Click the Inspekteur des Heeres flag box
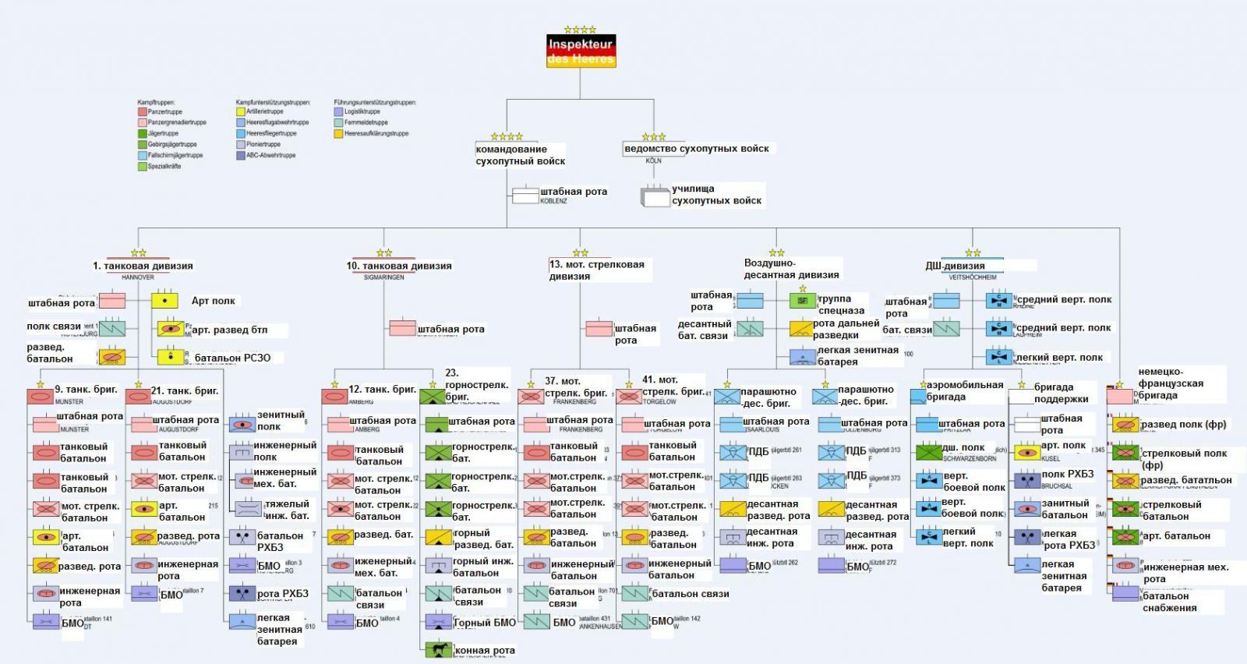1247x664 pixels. pos(581,51)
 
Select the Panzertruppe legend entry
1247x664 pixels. pos(164,111)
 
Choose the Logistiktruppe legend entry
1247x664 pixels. pos(362,111)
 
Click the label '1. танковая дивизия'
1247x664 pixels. pos(143,266)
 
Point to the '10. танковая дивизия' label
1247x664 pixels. pos(399,266)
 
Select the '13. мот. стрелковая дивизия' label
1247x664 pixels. pos(597,270)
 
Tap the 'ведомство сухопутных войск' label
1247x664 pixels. pos(696,148)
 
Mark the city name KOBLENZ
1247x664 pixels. pos(553,201)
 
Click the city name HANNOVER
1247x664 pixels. pos(138,277)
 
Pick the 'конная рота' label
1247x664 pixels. pos(485,650)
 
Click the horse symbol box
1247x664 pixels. pos(439,648)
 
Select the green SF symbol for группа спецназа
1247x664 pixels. pos(802,301)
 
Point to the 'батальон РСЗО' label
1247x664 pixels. pos(232,358)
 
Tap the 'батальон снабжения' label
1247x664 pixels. pos(1169,602)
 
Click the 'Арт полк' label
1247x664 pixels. pos(213,301)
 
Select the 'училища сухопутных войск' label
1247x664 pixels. pos(716,195)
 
